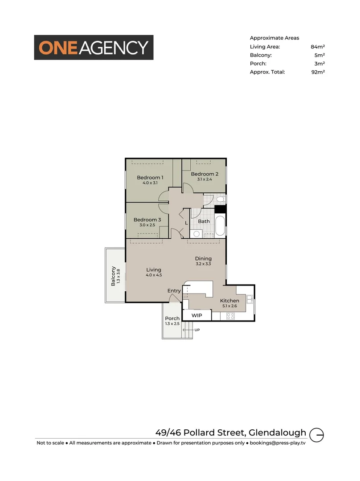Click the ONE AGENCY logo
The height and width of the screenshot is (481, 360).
[94, 48]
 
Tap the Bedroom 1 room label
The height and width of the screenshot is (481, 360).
[150, 178]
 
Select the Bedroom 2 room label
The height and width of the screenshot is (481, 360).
[205, 174]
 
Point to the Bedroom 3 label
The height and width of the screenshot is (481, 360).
[147, 220]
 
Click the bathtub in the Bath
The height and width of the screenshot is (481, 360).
[220, 226]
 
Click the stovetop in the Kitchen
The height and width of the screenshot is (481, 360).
[230, 316]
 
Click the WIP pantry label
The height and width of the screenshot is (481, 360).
[196, 315]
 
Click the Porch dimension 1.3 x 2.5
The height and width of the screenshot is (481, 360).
[172, 324]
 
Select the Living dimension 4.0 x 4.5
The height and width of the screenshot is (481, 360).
[154, 275]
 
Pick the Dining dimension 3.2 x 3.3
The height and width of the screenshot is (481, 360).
[203, 264]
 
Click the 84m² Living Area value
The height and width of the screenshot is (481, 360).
[318, 47]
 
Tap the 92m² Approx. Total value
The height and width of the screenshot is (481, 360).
[318, 72]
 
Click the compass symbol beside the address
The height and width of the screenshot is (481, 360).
[316, 434]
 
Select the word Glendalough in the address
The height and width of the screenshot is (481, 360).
[278, 432]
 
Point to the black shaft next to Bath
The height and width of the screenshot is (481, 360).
[220, 209]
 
